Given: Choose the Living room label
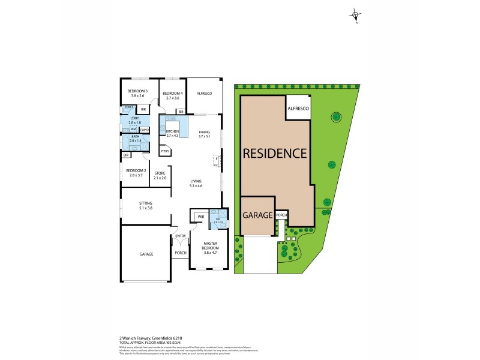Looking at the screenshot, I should click(x=196, y=182).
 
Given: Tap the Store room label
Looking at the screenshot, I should click(x=160, y=176).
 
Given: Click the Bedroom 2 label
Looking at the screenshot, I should click(x=134, y=172).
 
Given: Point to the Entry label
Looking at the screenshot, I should click(x=180, y=236).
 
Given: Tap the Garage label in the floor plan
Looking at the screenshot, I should click(x=146, y=254).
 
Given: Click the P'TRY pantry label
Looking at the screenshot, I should click(x=164, y=151).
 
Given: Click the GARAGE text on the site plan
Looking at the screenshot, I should click(x=258, y=215).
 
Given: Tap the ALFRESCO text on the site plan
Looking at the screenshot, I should click(x=298, y=108).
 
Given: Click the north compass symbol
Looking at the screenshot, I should click(x=356, y=16).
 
